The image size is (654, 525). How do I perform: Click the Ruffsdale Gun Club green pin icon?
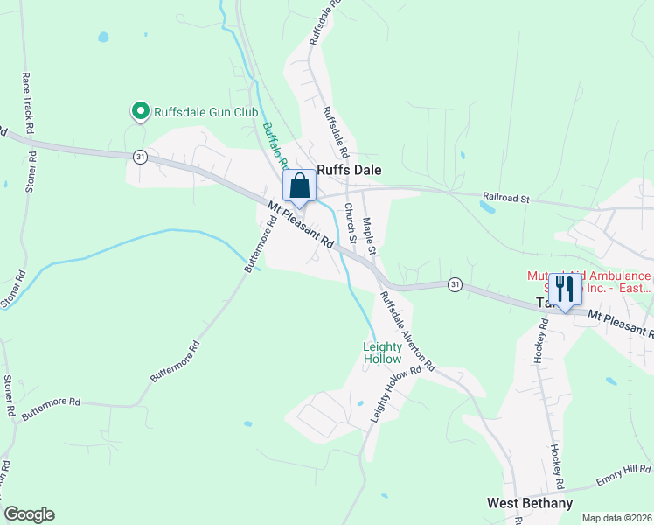tap(139, 111)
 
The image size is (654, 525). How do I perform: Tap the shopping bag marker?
tap(299, 185)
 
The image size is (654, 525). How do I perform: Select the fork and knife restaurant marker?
tap(565, 289)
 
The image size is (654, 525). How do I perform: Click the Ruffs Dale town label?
tap(349, 171)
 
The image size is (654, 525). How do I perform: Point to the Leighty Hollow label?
tap(382, 353)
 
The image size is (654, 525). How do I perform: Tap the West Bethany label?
tap(530, 503)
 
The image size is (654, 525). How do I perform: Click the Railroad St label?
tap(507, 199)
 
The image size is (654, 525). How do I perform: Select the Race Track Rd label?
tap(27, 101)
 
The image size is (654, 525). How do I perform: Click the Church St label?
tap(349, 223)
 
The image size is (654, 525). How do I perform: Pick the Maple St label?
tap(369, 236)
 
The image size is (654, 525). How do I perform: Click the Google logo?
tap(29, 514)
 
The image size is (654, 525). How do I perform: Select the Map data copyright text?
tap(616, 517)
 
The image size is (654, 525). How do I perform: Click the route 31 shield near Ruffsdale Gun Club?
tap(140, 156)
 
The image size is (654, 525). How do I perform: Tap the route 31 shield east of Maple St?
tap(454, 283)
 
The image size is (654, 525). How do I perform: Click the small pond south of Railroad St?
tap(486, 207)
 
